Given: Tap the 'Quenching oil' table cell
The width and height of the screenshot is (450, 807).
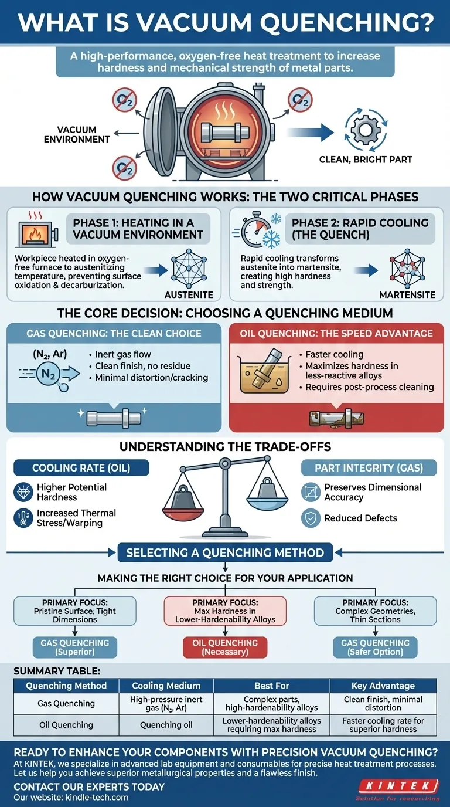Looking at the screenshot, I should [x=166, y=725].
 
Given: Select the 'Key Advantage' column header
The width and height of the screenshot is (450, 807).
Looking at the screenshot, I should [x=383, y=686].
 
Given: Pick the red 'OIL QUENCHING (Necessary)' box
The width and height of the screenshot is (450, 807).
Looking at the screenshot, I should [x=225, y=647].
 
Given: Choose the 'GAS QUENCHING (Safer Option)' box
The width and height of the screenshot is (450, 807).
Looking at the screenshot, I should [x=376, y=647].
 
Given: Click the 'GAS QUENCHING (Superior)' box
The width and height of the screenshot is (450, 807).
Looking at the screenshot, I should [x=74, y=647].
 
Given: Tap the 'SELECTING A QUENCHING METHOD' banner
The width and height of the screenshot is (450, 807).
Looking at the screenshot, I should [x=225, y=552].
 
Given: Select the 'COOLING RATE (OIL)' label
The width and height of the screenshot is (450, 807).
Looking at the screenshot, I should [x=81, y=467].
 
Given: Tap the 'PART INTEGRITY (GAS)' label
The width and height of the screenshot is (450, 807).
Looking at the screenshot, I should [x=369, y=467].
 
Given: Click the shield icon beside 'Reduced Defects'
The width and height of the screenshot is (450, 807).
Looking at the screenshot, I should [x=311, y=518].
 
